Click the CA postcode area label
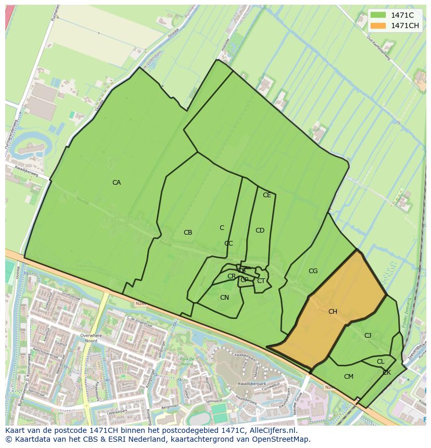pyautogui.click(x=117, y=183)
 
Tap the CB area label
pyautogui.click(x=188, y=233)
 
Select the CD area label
pyautogui.click(x=260, y=231)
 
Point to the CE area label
pyautogui.click(x=267, y=195)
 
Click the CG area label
pyautogui.click(x=313, y=271)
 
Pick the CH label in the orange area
pyautogui.click(x=333, y=312)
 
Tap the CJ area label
pyautogui.click(x=367, y=336)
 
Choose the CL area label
pyautogui.click(x=381, y=362)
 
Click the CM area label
pyautogui.click(x=349, y=377)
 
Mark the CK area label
pyautogui.click(x=387, y=373)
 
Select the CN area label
pyautogui.click(x=224, y=298)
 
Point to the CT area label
pyautogui.click(x=261, y=281)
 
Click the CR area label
pyautogui.click(x=232, y=276)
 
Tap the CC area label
pyautogui.click(x=229, y=244)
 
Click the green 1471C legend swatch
pyautogui.click(x=378, y=16)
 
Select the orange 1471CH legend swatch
pyautogui.click(x=378, y=25)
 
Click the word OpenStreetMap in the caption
pyautogui.click(x=284, y=439)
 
